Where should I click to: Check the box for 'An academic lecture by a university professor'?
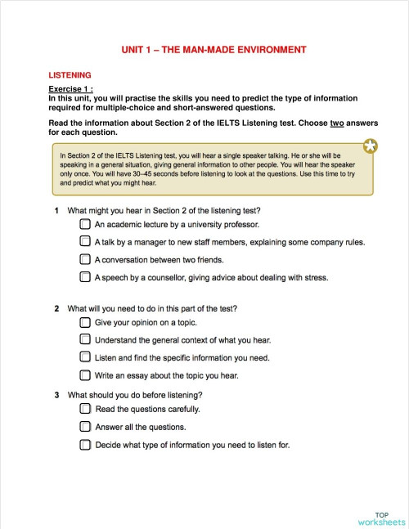coord(85,223)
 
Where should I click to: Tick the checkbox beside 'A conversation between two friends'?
coord(85,259)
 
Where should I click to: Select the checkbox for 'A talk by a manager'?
coord(85,241)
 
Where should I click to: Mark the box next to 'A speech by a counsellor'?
coord(85,277)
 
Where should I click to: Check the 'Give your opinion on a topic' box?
coord(85,322)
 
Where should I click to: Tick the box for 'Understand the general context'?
coord(85,339)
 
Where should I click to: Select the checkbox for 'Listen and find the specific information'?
coord(85,357)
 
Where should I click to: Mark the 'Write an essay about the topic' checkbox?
coord(85,375)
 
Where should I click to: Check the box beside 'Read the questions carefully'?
coord(85,408)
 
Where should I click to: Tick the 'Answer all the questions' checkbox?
coord(85,427)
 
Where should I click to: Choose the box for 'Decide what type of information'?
coord(85,445)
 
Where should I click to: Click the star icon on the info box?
coord(371,146)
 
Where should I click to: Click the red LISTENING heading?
coord(70,74)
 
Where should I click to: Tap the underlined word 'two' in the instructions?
coord(336,123)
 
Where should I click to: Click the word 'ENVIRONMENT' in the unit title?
coord(267,50)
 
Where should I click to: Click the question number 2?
coord(56,308)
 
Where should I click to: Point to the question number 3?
coord(56,395)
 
